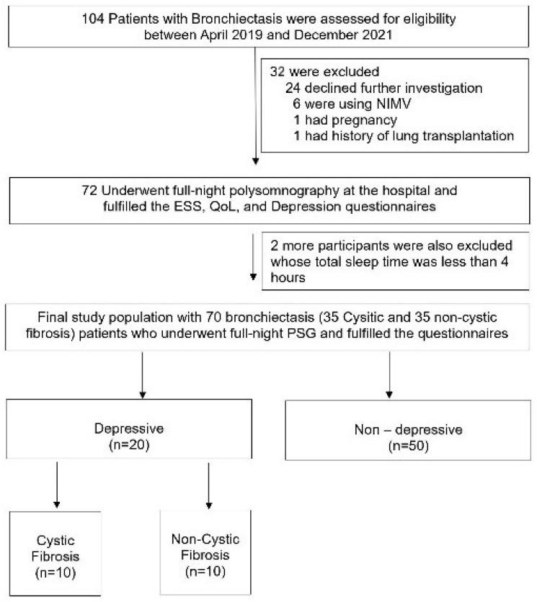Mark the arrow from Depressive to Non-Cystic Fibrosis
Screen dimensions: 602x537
pos(208,490)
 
